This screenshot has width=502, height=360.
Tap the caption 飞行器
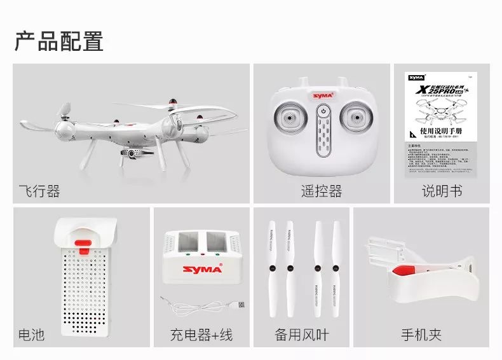tap(39, 191)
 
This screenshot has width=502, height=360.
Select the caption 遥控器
tap(322, 191)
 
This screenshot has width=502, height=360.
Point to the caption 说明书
tap(442, 191)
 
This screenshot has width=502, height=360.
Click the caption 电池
tap(32, 334)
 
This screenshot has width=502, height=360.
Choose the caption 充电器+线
tap(201, 334)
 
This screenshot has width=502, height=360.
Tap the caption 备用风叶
tap(302, 334)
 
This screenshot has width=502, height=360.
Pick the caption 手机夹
tap(421, 334)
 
